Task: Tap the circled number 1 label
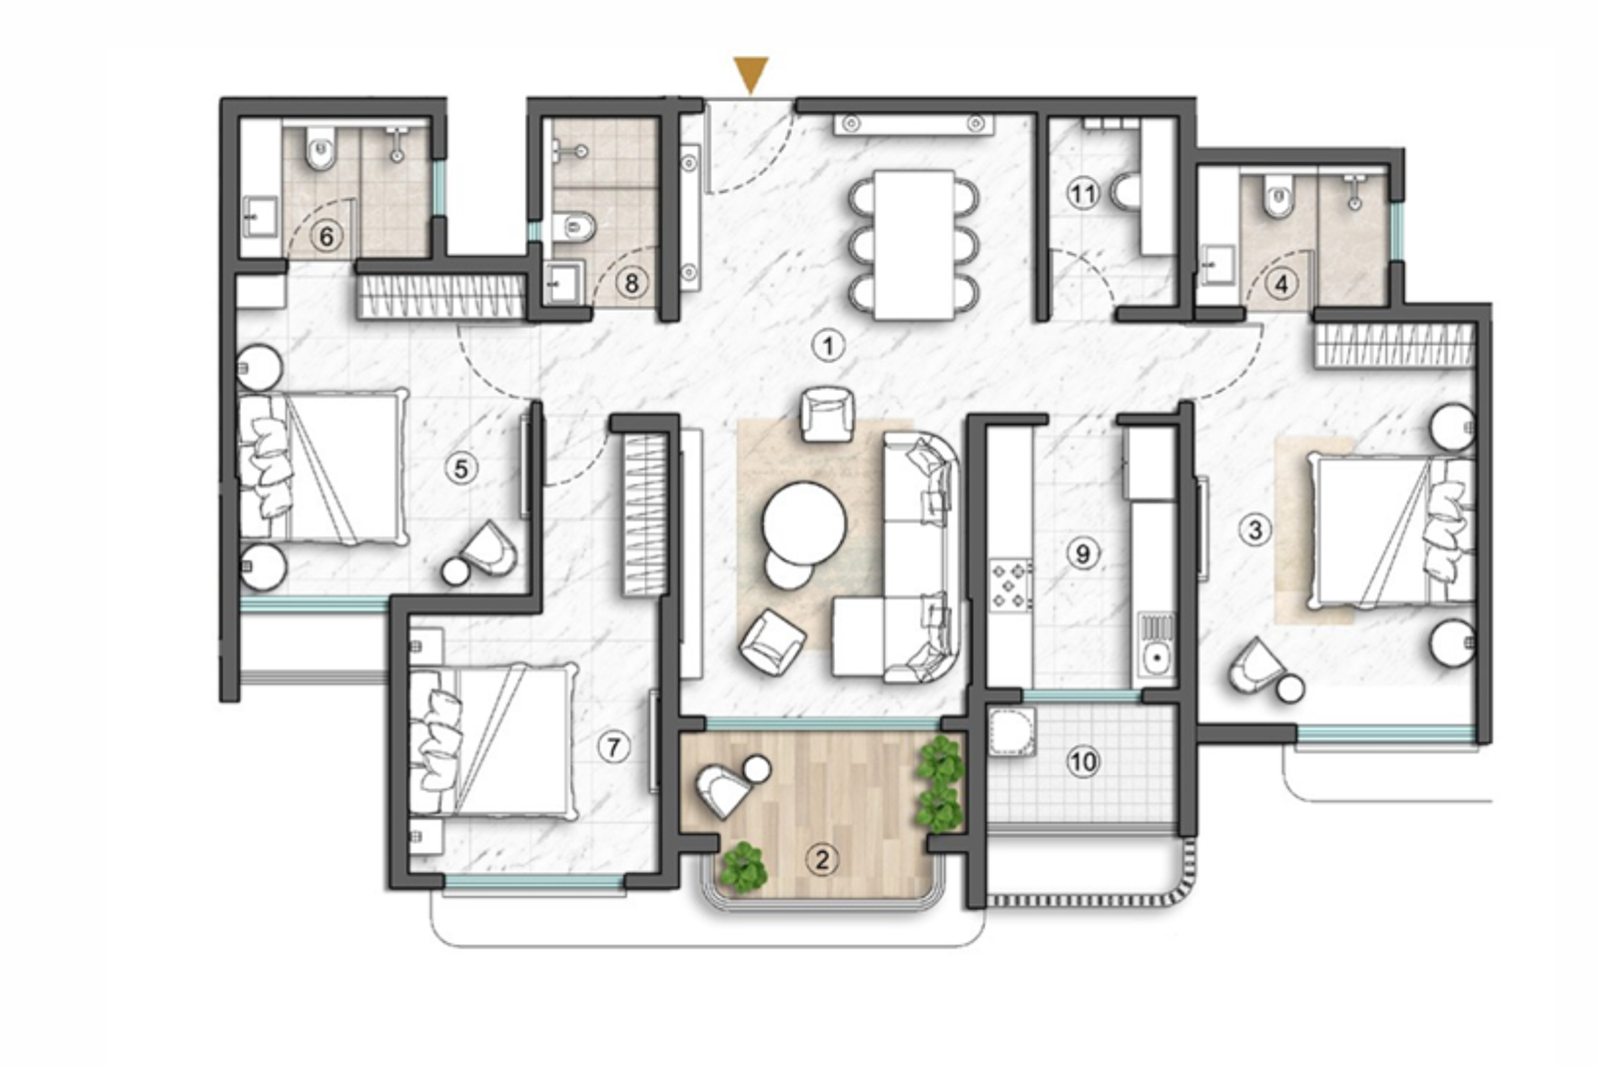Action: [x=827, y=346]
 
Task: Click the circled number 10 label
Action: [x=1083, y=762]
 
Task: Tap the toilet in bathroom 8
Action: [x=578, y=229]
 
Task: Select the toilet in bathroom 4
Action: [x=1277, y=199]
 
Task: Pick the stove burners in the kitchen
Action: [x=1010, y=585]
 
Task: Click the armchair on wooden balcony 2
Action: [x=721, y=791]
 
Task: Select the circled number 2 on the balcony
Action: [x=822, y=859]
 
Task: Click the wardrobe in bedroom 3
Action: [x=1395, y=347]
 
